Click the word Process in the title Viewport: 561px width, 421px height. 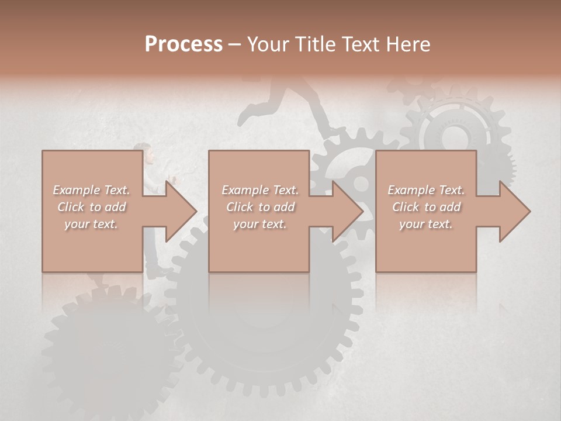(183, 44)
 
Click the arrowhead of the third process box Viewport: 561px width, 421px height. (514, 211)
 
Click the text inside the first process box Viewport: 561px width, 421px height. (92, 207)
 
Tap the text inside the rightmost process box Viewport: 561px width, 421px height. (426, 207)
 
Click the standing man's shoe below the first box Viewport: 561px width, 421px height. (157, 273)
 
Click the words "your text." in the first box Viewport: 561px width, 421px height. (92, 223)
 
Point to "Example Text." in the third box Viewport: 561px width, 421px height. (426, 190)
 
